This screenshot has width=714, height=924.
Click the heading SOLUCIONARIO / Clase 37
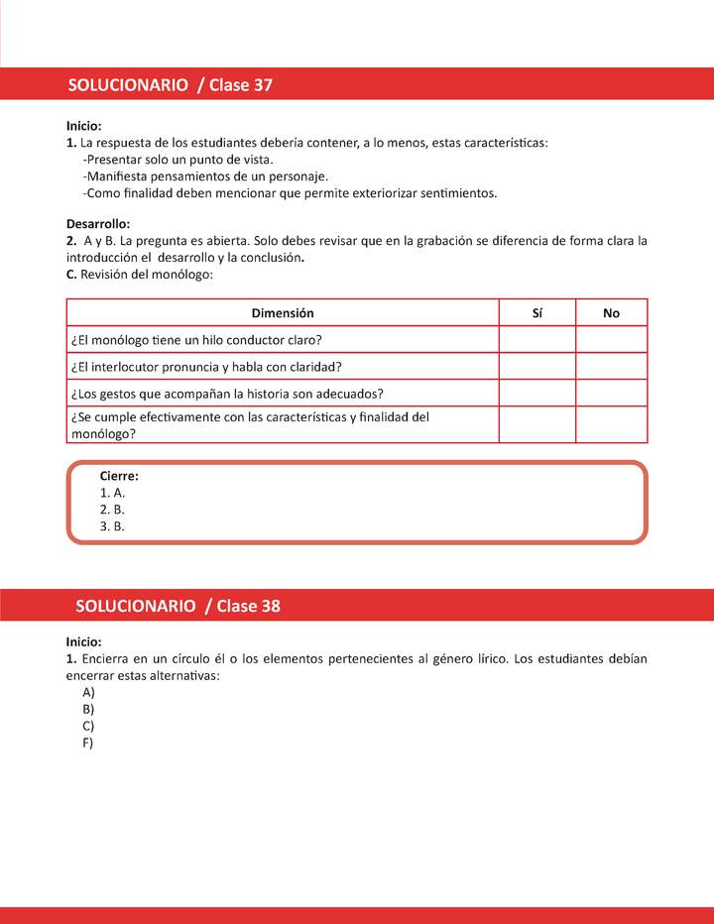[170, 85]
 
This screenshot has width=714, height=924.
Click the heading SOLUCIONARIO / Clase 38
[178, 606]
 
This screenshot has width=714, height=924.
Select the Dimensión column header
[283, 313]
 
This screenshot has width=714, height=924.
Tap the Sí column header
[536, 313]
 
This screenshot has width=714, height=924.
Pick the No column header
[611, 313]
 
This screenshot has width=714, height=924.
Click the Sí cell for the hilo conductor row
[536, 340]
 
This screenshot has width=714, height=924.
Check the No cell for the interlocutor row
[611, 366]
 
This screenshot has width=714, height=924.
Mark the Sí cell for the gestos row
[536, 393]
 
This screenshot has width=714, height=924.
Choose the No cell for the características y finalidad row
[611, 424]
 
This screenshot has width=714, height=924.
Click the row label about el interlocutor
[206, 366]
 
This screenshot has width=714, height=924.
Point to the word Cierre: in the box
[119, 476]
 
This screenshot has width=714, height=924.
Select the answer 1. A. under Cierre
[113, 493]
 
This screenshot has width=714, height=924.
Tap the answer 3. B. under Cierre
[113, 526]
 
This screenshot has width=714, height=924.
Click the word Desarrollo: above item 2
[98, 224]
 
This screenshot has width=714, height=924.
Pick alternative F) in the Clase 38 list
[88, 743]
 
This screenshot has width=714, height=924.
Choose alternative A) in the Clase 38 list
[89, 692]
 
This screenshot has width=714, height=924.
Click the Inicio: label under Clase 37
[84, 126]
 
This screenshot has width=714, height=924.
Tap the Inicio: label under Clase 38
[84, 641]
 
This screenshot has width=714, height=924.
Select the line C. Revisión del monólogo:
[140, 275]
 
